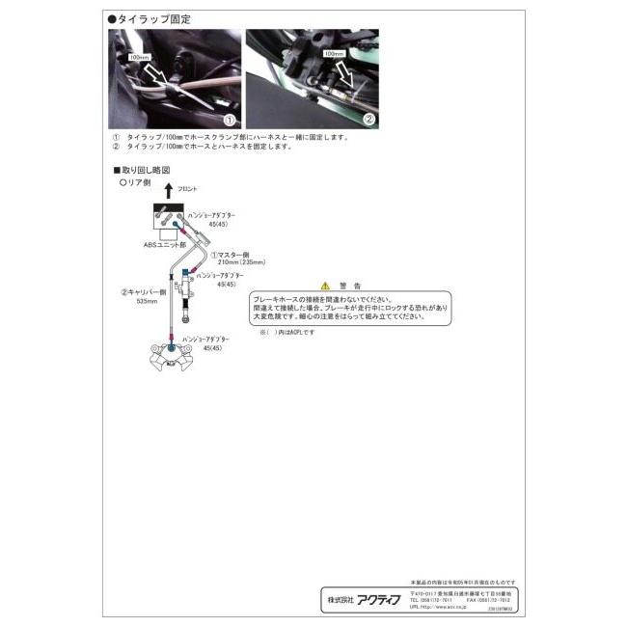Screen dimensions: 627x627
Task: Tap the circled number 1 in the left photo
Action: [230, 121]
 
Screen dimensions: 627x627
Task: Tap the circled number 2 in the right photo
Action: [368, 121]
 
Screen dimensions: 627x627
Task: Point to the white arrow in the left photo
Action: [155, 73]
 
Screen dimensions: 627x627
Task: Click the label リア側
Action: [136, 181]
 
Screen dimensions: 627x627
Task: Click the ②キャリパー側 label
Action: [144, 290]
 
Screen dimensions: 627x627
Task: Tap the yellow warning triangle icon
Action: [325, 286]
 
